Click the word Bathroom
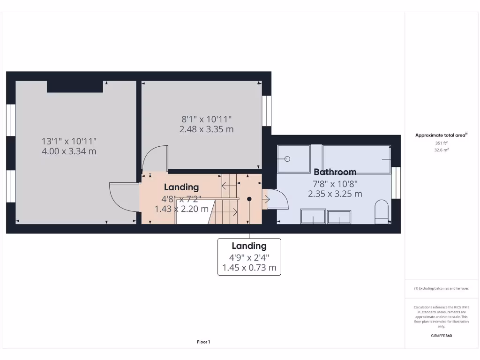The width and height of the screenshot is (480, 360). coord(335,172)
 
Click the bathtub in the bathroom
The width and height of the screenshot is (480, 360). coord(357,159)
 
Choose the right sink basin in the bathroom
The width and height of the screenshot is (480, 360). coord(339,217)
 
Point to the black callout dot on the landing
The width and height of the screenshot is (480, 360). coord(249,199)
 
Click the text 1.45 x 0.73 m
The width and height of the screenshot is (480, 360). coord(249,268)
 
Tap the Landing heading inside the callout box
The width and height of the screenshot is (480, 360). coord(249,246)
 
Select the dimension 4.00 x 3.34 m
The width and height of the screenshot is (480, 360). coord(69,151)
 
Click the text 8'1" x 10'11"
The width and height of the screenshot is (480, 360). coord(206,120)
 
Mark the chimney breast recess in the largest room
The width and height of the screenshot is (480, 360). coord(75,86)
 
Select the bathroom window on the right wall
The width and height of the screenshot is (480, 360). coord(397,182)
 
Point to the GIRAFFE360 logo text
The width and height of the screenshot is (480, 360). coord(441,336)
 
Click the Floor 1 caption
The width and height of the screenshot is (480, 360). coord(203,342)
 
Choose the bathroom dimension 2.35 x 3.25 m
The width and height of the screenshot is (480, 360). coord(335,194)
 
